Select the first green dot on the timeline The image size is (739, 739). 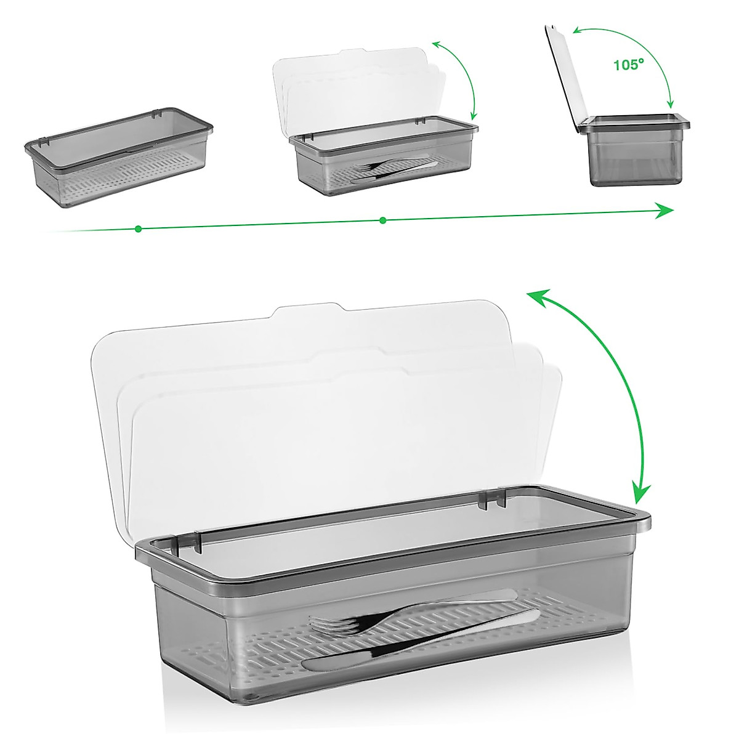click(x=138, y=228)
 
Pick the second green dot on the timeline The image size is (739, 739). click(x=383, y=220)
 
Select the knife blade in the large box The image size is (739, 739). click(x=345, y=662)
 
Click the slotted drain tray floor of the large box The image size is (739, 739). click(x=431, y=665)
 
